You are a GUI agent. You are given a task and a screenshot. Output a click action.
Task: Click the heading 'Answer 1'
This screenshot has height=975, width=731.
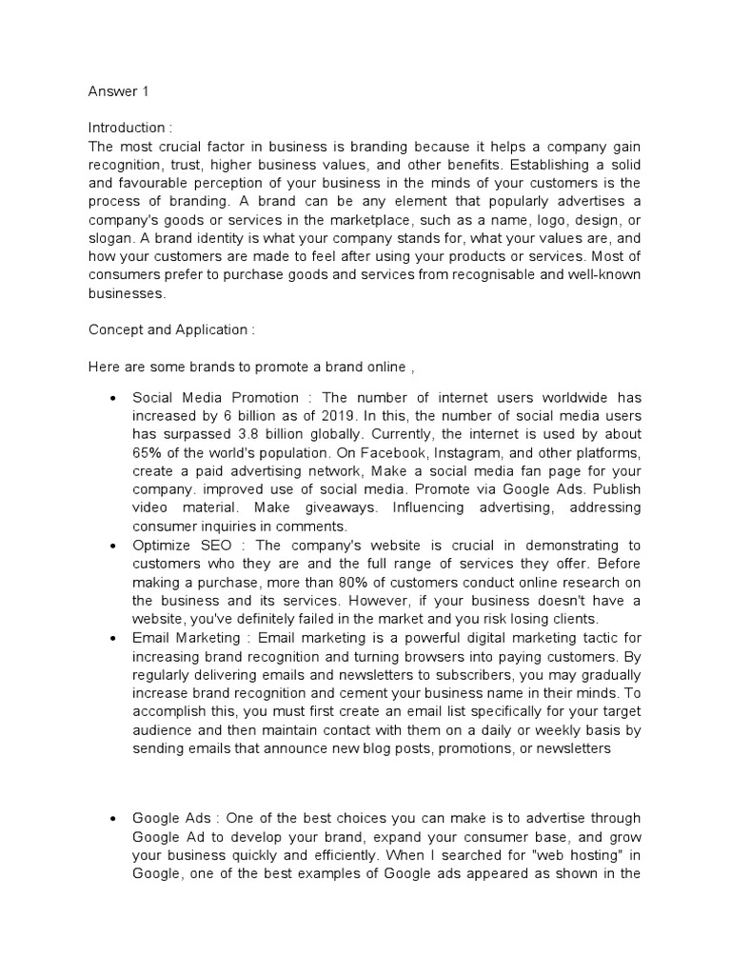pyautogui.click(x=119, y=92)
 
